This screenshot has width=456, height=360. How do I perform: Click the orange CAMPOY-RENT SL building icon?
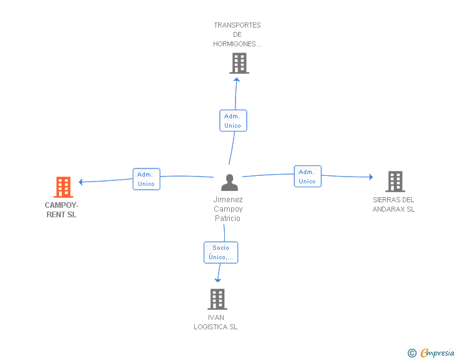(63, 187)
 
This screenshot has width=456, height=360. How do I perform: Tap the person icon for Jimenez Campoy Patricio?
(229, 182)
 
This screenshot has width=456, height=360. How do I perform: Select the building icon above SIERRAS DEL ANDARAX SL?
(395, 182)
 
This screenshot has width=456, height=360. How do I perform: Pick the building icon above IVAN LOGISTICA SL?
(217, 299)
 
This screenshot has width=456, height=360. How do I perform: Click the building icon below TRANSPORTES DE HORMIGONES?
(239, 63)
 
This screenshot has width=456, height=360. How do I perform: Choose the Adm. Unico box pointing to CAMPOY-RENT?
(147, 179)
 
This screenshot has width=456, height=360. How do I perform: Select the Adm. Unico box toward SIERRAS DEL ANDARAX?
(308, 176)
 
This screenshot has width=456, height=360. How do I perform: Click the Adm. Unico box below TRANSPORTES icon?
(233, 121)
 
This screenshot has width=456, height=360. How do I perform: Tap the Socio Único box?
(220, 252)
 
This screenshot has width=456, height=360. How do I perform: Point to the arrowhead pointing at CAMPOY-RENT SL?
(81, 182)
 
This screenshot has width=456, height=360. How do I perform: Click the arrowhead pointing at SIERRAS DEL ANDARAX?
(371, 177)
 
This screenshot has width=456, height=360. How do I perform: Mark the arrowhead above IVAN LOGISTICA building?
(217, 280)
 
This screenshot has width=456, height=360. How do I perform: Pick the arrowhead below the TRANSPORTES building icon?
(237, 80)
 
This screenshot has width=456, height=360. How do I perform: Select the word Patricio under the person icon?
(227, 219)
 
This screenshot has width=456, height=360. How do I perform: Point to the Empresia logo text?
(437, 352)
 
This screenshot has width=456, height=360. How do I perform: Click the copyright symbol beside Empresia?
(412, 353)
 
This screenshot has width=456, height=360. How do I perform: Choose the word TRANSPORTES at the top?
(237, 25)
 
